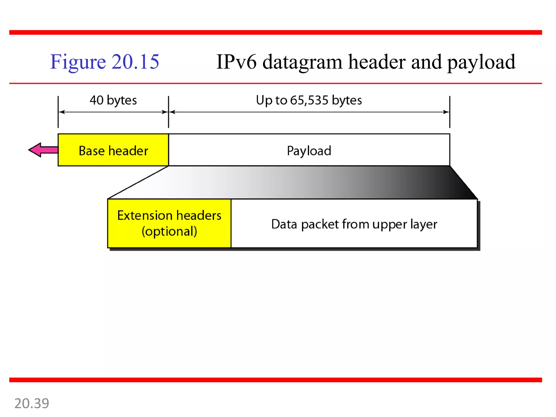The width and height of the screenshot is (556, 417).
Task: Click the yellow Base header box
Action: pos(113,150)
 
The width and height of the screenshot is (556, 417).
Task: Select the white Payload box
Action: pos(309,150)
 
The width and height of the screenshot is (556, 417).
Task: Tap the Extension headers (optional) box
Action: pos(169,223)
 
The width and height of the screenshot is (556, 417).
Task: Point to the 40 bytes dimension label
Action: pos(113,100)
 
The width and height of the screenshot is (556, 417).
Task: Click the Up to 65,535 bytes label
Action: pos(309,100)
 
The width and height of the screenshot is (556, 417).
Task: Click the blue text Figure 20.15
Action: pos(105,62)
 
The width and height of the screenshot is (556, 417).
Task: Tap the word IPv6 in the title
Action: pos(236,62)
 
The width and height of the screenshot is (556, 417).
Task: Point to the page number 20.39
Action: pos(32,403)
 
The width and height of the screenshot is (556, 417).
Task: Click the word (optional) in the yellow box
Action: pos(169,231)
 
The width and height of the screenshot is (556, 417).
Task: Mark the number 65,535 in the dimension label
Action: pos(309,100)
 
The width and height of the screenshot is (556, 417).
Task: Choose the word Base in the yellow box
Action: pos(91,151)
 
